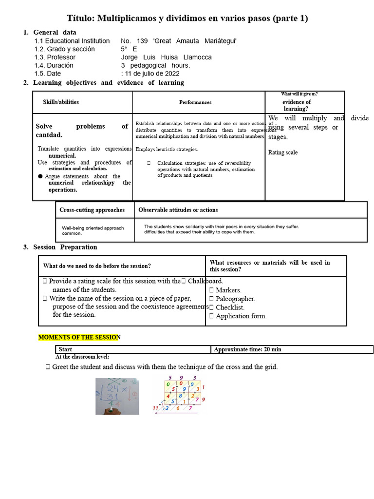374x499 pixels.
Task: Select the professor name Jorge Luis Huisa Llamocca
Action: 166,57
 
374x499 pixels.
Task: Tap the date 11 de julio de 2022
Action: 152,74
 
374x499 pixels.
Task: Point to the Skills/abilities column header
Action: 61,102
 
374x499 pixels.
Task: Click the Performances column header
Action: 195,102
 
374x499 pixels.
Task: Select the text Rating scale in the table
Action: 283,153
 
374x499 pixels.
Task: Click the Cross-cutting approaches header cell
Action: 92,210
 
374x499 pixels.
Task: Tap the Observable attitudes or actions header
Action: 178,210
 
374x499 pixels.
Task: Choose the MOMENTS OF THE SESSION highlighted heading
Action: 79,337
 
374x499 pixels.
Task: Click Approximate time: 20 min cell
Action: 247,349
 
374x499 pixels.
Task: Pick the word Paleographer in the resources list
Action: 235,299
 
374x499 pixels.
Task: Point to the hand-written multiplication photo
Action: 117,396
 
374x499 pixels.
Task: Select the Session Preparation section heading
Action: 65,247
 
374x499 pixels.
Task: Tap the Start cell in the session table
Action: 65,349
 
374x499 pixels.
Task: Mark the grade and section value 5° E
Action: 129,49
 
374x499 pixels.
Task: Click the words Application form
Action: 241,316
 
